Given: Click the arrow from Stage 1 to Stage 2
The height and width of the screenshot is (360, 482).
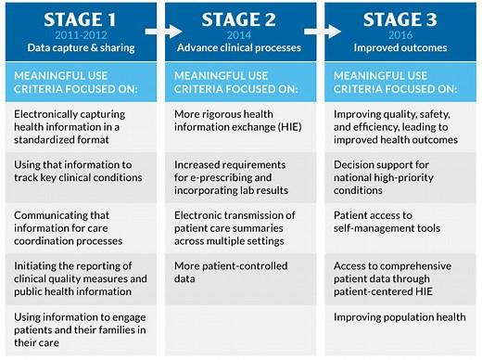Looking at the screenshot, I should [x=155, y=30].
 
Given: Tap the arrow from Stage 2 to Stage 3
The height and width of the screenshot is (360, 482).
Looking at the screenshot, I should [x=314, y=30].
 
